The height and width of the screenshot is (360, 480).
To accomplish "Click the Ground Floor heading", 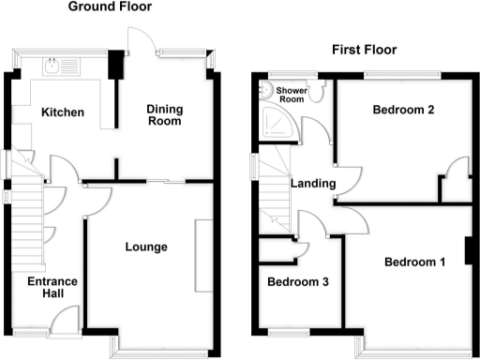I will (110, 7).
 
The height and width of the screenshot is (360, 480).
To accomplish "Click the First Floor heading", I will (364, 50).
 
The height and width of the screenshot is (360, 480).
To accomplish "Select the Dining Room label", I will (164, 115).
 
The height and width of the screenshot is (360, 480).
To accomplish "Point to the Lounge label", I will (146, 247).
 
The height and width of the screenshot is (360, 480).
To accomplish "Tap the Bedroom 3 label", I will (298, 281).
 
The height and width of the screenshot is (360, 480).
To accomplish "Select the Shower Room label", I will (292, 95).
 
